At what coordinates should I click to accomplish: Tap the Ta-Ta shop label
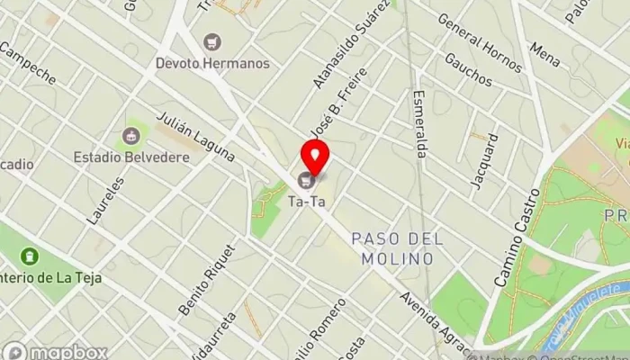(x=306, y=202)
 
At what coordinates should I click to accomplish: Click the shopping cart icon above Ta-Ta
(x=305, y=181)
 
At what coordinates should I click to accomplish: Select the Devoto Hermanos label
(x=212, y=63)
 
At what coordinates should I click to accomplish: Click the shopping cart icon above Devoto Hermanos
(x=212, y=41)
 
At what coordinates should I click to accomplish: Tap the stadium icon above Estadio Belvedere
(x=132, y=137)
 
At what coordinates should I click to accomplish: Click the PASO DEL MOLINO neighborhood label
(x=392, y=247)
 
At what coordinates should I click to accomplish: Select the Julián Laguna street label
(x=195, y=137)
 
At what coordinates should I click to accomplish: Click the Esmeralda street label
(x=419, y=123)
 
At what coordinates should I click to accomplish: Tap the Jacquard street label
(x=484, y=162)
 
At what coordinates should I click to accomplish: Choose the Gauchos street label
(x=468, y=69)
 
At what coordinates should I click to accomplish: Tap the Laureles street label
(x=106, y=200)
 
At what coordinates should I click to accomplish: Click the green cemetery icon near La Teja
(x=29, y=256)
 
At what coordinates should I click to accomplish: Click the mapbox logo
(x=54, y=351)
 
